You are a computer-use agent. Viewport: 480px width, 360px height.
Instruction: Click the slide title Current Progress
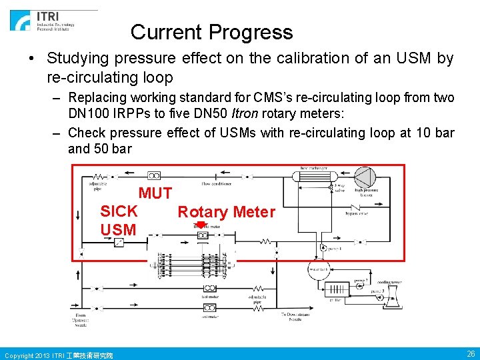[211, 32]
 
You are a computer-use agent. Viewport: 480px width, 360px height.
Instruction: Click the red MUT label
[155, 194]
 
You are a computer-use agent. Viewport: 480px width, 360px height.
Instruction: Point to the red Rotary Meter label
[226, 212]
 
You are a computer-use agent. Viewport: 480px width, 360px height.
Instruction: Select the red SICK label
[119, 211]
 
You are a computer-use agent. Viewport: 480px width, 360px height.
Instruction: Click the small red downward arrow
[201, 227]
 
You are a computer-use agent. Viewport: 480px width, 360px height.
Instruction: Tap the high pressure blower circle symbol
[364, 176]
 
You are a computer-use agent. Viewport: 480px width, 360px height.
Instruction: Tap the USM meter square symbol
[119, 242]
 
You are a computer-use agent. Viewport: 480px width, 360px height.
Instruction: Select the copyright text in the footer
[59, 355]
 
